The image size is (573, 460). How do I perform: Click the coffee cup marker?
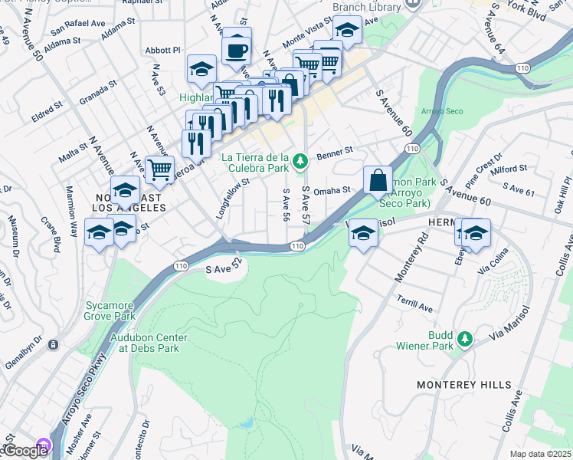[237, 50]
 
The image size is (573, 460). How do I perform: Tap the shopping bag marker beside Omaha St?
[378, 182]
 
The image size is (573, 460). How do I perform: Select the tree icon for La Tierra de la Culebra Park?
[301, 159]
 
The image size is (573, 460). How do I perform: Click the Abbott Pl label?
[162, 51]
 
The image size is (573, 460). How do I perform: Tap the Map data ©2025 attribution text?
[540, 454]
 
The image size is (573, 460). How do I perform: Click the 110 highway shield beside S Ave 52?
[180, 265]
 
